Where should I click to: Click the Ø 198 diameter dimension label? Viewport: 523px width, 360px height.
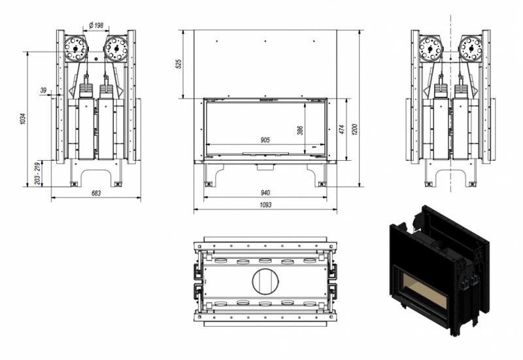[x=96, y=25]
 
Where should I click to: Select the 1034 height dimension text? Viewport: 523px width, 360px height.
[x=23, y=119]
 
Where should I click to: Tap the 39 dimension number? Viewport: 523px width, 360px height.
[x=43, y=90]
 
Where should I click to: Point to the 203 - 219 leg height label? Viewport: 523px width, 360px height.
[x=38, y=174]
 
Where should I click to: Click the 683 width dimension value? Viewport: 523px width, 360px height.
[x=96, y=193]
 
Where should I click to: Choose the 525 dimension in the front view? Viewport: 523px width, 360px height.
[x=178, y=64]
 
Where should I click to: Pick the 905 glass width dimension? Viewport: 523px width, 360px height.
[x=265, y=140]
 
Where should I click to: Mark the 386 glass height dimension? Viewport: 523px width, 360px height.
[x=300, y=130]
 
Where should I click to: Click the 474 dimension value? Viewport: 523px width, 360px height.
[x=341, y=129]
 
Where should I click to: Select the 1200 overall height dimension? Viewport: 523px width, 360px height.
[x=354, y=129]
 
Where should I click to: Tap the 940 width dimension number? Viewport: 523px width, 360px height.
[x=265, y=193]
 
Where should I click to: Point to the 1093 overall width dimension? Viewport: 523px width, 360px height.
[x=265, y=205]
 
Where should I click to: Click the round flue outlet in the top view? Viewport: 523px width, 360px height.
[x=265, y=282]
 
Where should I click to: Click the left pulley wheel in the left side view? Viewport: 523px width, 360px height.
[x=75, y=48]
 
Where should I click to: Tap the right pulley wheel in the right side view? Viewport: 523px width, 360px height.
[x=470, y=48]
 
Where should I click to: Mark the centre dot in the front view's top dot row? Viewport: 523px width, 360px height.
[x=265, y=41]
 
